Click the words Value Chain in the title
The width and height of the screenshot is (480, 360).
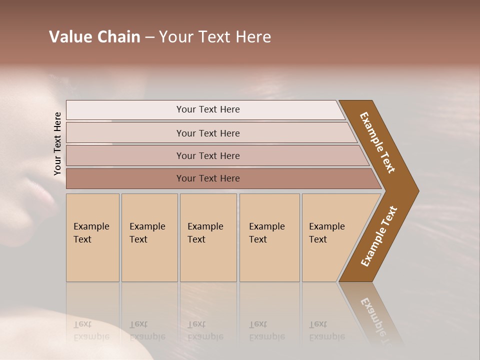click(94, 37)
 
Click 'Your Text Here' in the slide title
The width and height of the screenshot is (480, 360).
click(215, 37)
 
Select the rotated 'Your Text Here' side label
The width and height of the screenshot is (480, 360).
click(57, 143)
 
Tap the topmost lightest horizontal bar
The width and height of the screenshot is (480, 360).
click(208, 109)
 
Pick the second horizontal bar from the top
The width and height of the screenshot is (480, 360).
click(208, 133)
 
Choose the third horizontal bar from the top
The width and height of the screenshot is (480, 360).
click(208, 155)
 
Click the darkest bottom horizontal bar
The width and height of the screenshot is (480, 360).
click(208, 178)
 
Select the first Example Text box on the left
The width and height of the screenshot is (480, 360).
click(92, 237)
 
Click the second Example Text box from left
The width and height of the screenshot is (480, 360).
click(149, 237)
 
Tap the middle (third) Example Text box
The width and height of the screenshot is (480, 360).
click(207, 237)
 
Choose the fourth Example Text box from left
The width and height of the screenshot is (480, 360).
click(269, 237)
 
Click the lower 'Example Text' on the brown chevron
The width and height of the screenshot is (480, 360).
click(379, 236)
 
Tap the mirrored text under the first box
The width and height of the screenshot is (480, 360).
click(91, 330)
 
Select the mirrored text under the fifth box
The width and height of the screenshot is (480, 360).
click(326, 330)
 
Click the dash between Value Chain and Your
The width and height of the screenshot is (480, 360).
click(149, 37)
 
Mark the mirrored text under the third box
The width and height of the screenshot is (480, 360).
click(205, 330)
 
